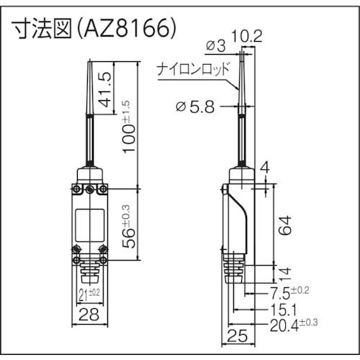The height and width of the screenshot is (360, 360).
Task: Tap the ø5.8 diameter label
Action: click(x=196, y=108)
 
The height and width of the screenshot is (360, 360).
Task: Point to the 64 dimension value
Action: click(x=285, y=227)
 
